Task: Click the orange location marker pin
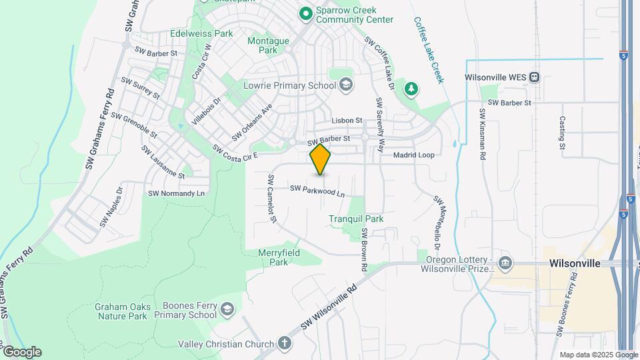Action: [321, 159]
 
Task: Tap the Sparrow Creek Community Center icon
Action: [305, 13]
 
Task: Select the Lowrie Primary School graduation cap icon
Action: [345, 85]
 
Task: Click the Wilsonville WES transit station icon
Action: [535, 77]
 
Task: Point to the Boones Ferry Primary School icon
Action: [227, 309]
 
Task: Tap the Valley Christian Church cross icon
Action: [285, 344]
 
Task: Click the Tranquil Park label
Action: [356, 219]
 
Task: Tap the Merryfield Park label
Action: [279, 257]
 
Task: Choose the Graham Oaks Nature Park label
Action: [121, 311]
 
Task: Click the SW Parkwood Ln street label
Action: [317, 191]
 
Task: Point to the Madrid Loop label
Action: [413, 155]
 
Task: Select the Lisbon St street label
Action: [348, 121]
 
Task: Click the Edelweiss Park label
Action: [201, 33]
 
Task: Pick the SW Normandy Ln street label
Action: [175, 193]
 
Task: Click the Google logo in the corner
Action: [21, 351]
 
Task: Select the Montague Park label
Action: [268, 45]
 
